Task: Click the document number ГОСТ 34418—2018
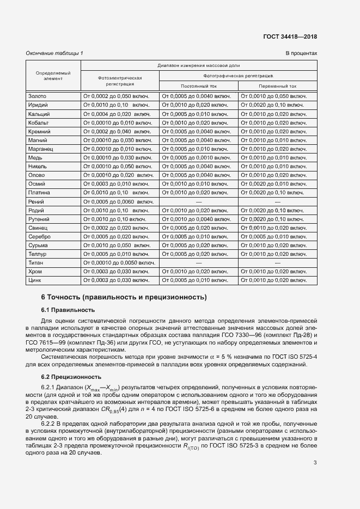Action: click(x=290, y=36)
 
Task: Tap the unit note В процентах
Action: click(x=301, y=53)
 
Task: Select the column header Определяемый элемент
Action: click(x=53, y=75)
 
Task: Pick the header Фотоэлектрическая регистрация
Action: click(x=120, y=81)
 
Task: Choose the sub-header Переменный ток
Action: click(x=278, y=86)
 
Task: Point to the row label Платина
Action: click(x=39, y=193)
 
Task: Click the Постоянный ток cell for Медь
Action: click(x=196, y=158)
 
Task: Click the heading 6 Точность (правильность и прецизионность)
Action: click(x=124, y=297)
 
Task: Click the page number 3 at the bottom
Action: click(x=315, y=463)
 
